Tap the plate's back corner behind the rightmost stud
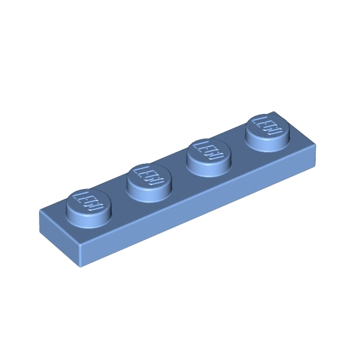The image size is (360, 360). point(275,112)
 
